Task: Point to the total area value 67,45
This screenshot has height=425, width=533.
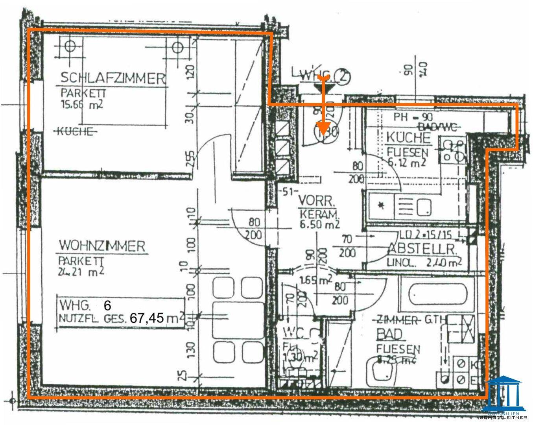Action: click(x=147, y=318)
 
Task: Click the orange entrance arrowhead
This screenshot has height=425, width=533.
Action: click(x=323, y=128)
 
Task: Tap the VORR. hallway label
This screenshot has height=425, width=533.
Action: click(x=316, y=201)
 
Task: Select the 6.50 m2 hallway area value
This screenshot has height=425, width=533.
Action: click(x=319, y=224)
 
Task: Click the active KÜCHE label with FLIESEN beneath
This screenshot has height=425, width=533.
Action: click(x=408, y=138)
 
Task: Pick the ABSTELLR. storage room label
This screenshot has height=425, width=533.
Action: click(x=422, y=249)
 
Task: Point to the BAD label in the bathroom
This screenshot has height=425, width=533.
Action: click(x=390, y=334)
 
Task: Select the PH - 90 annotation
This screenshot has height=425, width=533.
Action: click(x=413, y=117)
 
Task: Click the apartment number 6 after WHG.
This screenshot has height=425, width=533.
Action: click(x=107, y=305)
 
